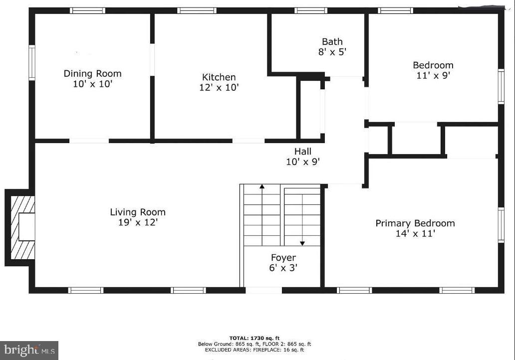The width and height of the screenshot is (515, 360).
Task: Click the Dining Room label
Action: click(92, 74)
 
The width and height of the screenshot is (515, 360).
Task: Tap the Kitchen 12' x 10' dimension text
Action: click(219, 88)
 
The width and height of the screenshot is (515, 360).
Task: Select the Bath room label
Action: click(332, 42)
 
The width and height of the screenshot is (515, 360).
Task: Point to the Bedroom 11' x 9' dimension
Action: click(433, 75)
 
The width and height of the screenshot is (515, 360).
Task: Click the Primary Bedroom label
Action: click(415, 223)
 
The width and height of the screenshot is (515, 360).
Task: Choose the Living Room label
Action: click(137, 212)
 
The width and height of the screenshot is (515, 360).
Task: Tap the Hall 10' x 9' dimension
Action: click(302, 162)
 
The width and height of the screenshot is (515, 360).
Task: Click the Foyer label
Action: click(283, 258)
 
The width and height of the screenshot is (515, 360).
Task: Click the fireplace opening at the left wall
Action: click(27, 227)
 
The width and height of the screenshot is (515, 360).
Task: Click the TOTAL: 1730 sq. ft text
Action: click(254, 338)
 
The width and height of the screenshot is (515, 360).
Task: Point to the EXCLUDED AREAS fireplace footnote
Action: click(255, 350)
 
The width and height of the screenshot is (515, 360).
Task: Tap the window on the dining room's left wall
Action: click(32, 63)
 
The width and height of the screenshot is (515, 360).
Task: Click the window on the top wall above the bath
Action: click(310, 10)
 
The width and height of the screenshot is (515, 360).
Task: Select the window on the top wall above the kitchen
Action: click(197, 10)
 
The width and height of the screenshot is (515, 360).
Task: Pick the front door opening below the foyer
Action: click(263, 290)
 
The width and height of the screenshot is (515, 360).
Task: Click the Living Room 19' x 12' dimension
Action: click(137, 222)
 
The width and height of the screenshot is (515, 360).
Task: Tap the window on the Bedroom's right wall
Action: click(501, 86)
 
